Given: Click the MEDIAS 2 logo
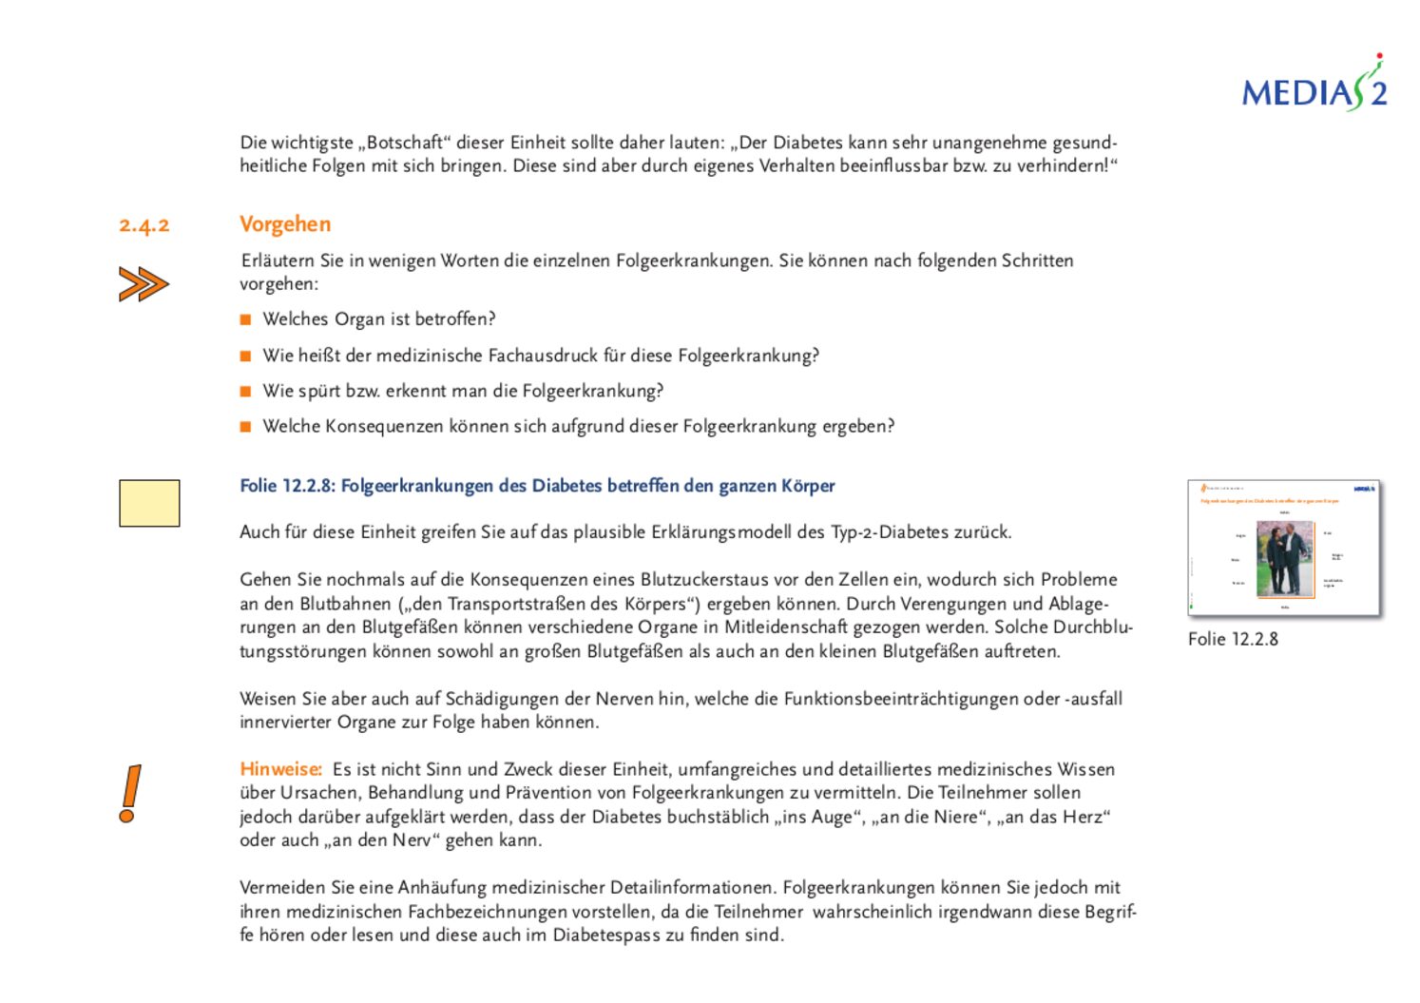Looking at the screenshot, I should (1314, 88).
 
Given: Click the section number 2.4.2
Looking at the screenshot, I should (144, 225).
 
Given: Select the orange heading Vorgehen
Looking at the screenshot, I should (285, 224).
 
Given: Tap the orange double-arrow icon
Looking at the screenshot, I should (144, 284).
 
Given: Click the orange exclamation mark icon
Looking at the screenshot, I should (131, 794).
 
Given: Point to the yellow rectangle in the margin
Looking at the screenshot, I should (149, 503).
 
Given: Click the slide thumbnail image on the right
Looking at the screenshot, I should (1283, 549).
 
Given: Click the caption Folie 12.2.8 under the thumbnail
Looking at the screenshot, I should (1233, 639).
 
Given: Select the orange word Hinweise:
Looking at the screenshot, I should (280, 769).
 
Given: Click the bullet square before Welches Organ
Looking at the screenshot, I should (245, 319).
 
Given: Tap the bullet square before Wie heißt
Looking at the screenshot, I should (245, 356).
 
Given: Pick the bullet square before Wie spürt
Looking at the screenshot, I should (245, 391).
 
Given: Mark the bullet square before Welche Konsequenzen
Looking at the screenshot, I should (245, 427).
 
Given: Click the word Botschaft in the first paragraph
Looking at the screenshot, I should (406, 143).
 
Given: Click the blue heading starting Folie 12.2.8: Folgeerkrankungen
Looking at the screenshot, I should (537, 486).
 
